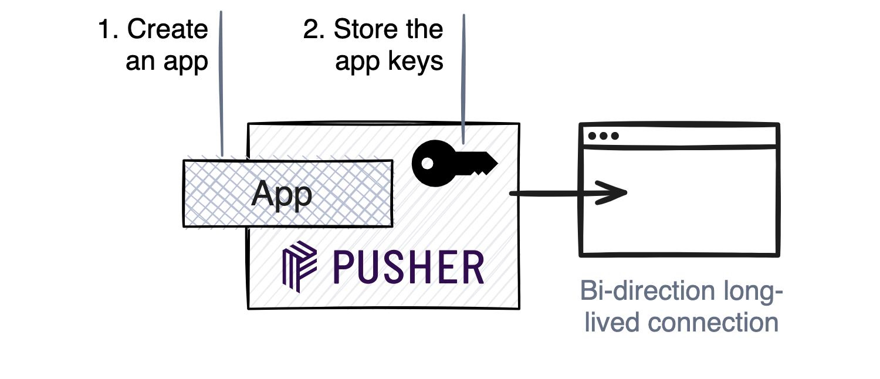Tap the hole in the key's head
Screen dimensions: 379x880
pos(428,164)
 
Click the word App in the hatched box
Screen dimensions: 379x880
pos(282,194)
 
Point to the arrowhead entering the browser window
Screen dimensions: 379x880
pos(613,193)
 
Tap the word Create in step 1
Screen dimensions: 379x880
pos(168,30)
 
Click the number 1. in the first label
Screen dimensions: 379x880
pos(110,30)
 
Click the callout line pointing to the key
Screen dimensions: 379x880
pos(463,82)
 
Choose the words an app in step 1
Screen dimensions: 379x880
pos(167,62)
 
